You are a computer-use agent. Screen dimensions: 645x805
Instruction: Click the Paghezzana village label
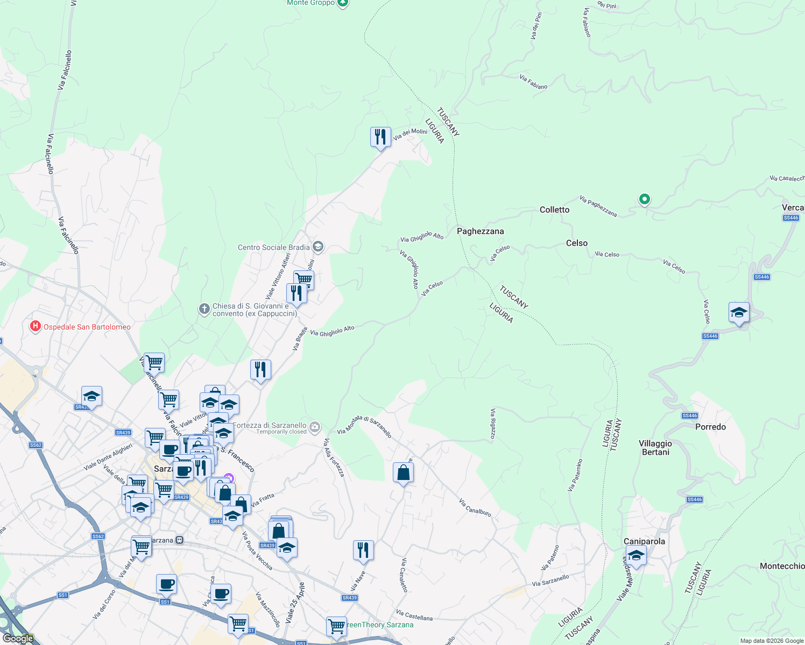tap(480, 231)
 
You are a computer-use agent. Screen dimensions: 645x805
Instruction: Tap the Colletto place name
tap(554, 210)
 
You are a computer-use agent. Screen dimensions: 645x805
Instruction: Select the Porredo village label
tap(710, 427)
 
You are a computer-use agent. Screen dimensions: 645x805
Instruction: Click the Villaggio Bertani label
tap(655, 448)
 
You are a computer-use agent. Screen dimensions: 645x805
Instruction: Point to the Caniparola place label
tap(644, 541)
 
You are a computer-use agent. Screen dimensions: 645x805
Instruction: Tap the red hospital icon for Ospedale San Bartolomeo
tap(36, 326)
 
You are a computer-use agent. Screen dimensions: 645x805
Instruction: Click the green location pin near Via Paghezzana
tap(644, 199)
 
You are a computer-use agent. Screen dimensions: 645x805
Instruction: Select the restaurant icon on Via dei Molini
tap(380, 137)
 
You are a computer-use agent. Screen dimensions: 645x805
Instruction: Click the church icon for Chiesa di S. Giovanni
tap(204, 309)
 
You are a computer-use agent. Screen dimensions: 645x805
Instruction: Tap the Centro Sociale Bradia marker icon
tap(318, 247)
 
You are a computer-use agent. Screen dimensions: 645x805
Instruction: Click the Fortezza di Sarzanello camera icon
tap(315, 427)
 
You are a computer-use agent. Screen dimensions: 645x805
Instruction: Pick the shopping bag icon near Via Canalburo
tap(403, 473)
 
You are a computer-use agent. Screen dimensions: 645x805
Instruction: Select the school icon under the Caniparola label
tap(635, 555)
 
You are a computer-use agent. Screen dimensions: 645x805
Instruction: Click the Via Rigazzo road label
tap(492, 424)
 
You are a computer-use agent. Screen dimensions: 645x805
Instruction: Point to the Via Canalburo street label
tap(475, 507)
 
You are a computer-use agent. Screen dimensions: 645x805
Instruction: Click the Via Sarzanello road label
tap(550, 580)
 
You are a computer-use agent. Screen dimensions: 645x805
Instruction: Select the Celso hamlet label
tap(576, 243)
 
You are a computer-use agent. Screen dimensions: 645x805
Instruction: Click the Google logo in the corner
tap(18, 638)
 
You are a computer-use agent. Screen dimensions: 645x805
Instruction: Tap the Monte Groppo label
tap(311, 3)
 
